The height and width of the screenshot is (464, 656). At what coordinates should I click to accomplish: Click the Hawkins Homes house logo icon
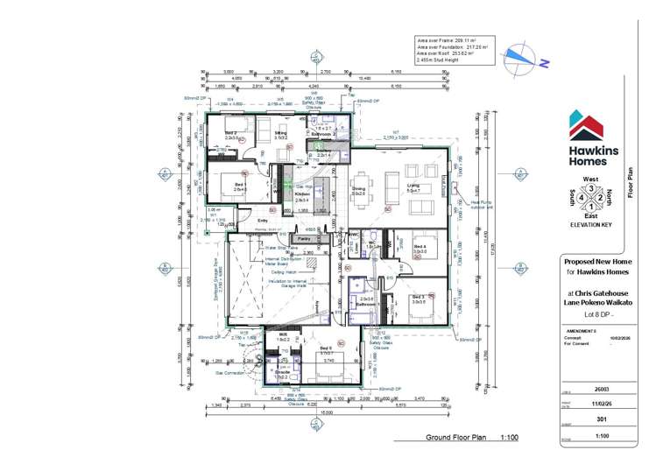(x=585, y=125)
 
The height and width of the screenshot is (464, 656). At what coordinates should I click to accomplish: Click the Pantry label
(x=304, y=238)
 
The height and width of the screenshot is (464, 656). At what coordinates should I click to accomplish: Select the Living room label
(x=413, y=186)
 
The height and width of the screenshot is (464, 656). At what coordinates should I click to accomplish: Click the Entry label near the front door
(x=262, y=220)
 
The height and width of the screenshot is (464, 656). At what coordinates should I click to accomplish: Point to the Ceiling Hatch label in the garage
(x=282, y=272)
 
